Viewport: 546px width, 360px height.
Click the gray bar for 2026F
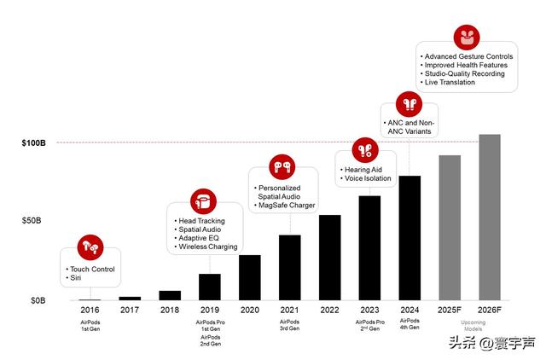coord(489,217)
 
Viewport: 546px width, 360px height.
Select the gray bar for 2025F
coord(449,228)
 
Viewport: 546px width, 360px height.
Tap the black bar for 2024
coord(409,238)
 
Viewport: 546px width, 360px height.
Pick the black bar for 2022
coord(329,258)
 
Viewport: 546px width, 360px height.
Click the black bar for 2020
coord(249,277)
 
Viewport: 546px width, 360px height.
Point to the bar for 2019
coord(209,287)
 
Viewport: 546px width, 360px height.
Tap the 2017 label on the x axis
coord(129,311)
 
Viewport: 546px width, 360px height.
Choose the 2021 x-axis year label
coord(289,311)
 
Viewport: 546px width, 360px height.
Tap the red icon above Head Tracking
coord(202,201)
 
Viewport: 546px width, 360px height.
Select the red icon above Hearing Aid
coord(364,150)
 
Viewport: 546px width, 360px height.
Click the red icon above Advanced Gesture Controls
coord(468,38)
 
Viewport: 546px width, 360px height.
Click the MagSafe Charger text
coord(288,206)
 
